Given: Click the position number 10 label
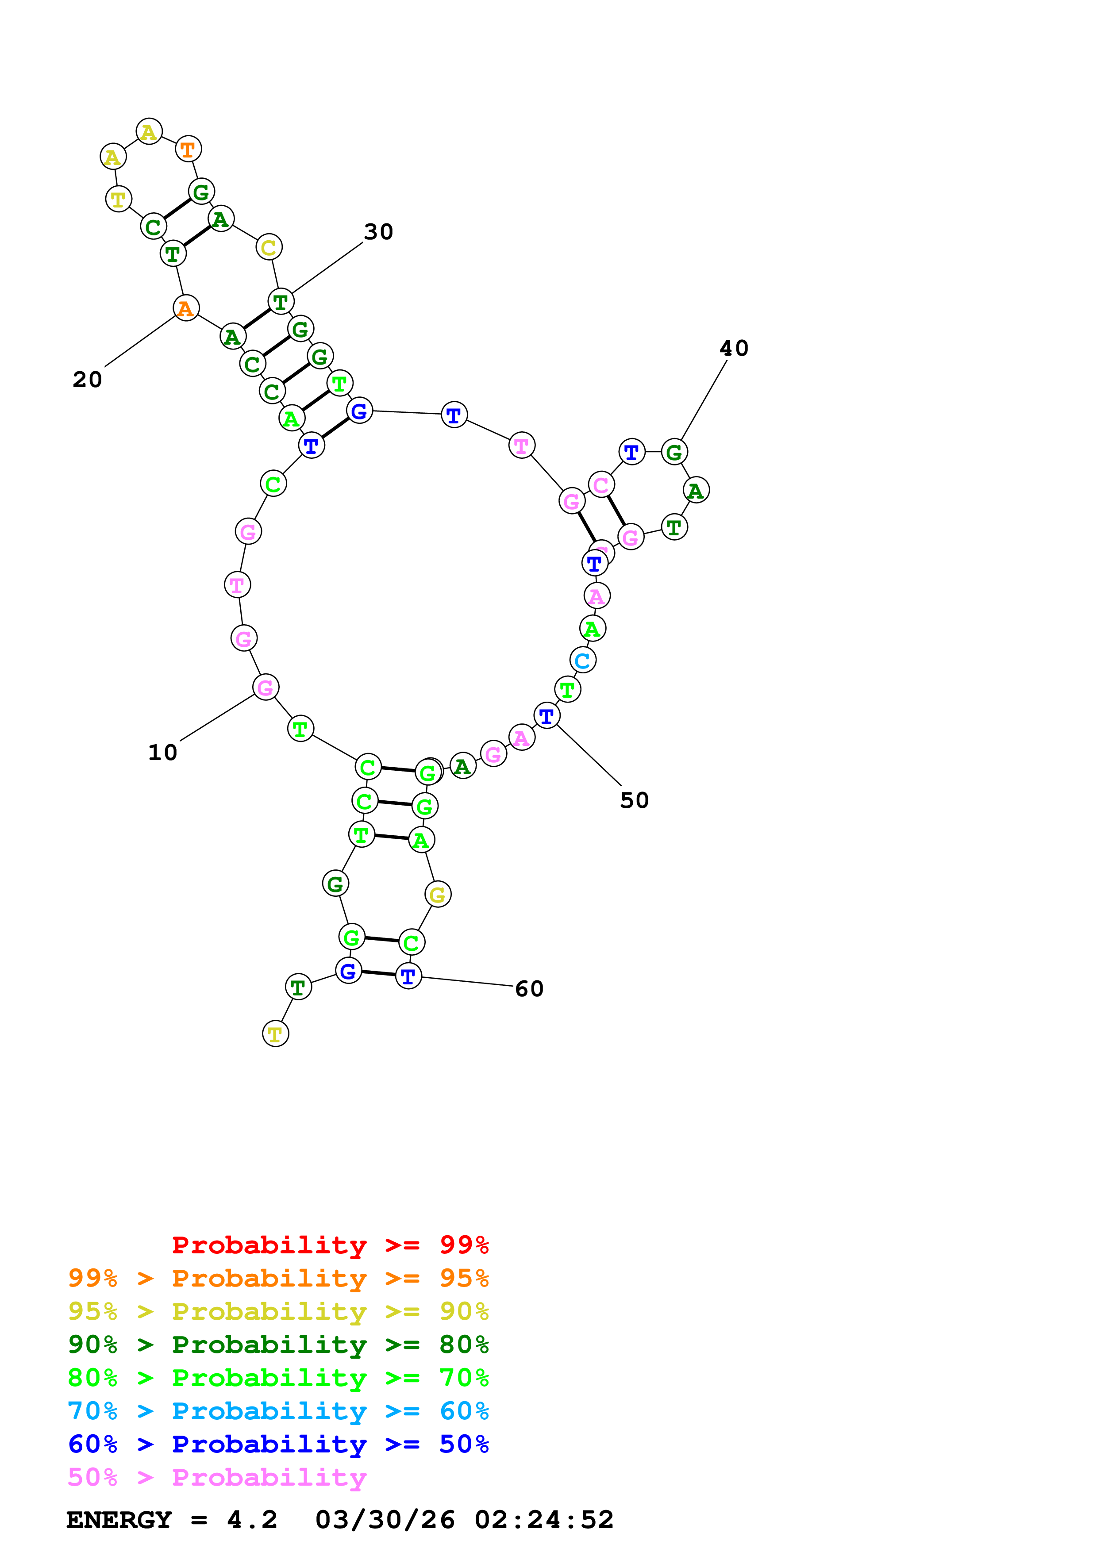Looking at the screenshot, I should [x=162, y=753].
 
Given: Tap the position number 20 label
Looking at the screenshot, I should [x=87, y=379].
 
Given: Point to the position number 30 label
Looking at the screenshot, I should [x=378, y=232].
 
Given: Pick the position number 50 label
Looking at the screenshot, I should [x=634, y=800].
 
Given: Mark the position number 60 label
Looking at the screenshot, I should [x=529, y=989].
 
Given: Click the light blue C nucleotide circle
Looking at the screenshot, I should [x=583, y=661].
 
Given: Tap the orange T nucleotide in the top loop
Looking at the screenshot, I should [x=188, y=149].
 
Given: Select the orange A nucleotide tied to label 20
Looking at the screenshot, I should [x=186, y=308].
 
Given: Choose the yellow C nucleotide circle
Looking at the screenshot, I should [x=269, y=247].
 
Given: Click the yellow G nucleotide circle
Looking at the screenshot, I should [x=438, y=895].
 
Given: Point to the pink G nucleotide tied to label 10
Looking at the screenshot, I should [x=266, y=688].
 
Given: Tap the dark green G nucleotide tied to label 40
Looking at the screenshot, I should [x=674, y=452].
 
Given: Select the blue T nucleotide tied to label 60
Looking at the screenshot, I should [x=408, y=976].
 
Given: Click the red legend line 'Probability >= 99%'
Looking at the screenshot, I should [x=330, y=1245].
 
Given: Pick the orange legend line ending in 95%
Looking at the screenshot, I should [x=278, y=1278].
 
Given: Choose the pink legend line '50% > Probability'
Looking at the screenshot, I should [x=217, y=1477].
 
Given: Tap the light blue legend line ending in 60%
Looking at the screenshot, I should [x=278, y=1411].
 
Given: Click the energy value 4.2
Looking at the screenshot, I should [x=252, y=1520].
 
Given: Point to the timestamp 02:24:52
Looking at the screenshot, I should [x=544, y=1520].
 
